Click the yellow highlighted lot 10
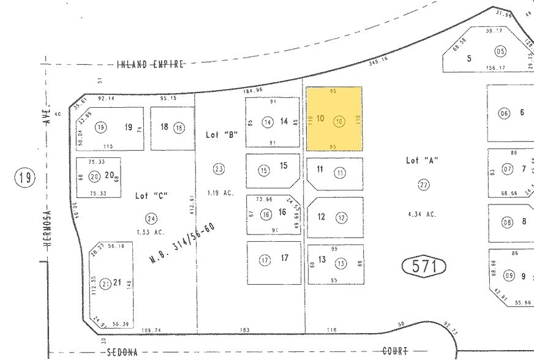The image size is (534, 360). point(334,119)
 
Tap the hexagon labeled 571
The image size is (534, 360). point(424,266)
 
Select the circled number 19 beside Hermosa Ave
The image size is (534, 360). point(24,178)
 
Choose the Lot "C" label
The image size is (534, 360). point(151,195)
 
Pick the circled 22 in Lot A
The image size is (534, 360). point(423,184)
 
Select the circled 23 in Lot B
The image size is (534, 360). point(219,168)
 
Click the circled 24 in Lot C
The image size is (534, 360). point(151,218)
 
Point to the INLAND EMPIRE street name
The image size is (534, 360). point(150,64)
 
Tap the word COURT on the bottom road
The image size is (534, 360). point(395,351)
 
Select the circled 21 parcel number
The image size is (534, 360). point(105,283)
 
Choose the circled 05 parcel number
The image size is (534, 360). point(501,51)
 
